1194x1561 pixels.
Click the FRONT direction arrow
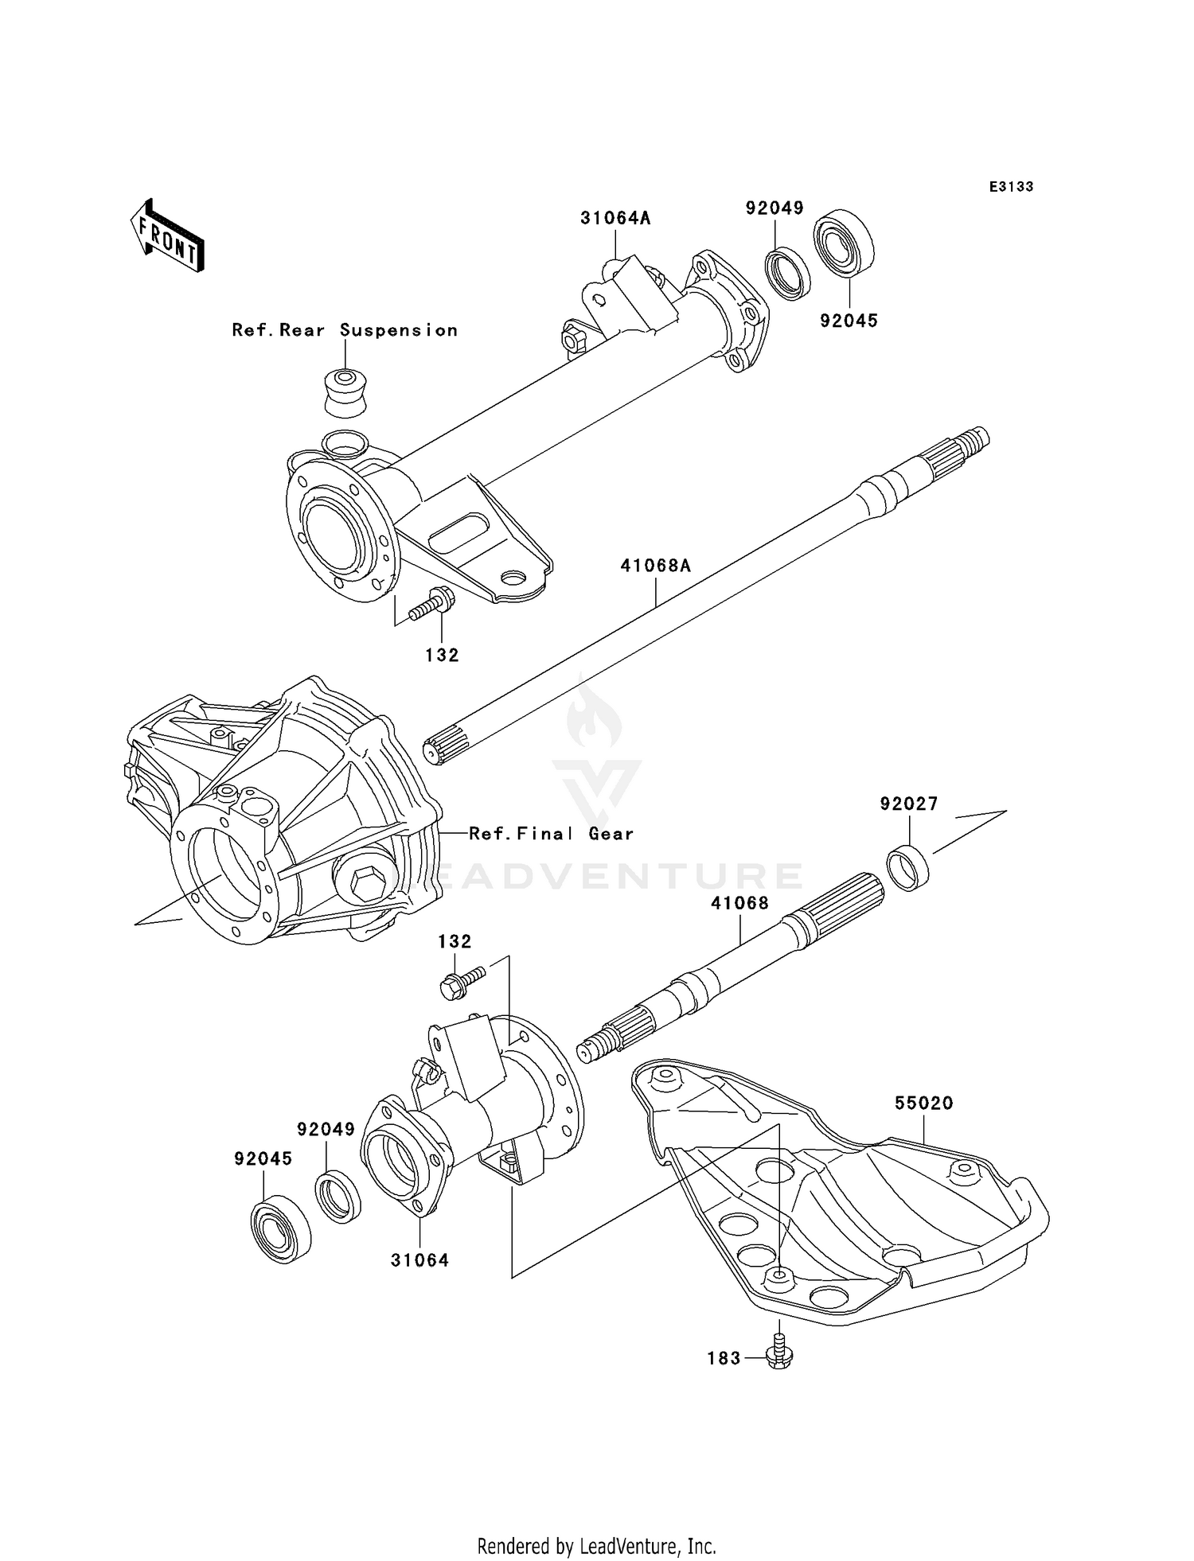pyautogui.click(x=168, y=236)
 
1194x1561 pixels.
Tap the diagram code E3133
pyautogui.click(x=1011, y=187)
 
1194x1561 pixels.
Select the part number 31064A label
pyautogui.click(x=615, y=218)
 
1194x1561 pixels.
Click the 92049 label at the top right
pyautogui.click(x=774, y=208)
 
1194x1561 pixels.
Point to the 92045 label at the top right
pyautogui.click(x=849, y=321)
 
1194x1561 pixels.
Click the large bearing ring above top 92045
pyautogui.click(x=843, y=243)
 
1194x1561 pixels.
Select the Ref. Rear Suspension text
pyautogui.click(x=345, y=330)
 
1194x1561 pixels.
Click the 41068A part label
pyautogui.click(x=655, y=566)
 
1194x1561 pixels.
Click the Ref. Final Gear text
pyautogui.click(x=551, y=834)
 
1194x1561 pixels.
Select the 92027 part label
pyautogui.click(x=908, y=804)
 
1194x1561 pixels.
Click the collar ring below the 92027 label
pyautogui.click(x=908, y=870)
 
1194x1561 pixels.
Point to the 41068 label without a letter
pyautogui.click(x=739, y=903)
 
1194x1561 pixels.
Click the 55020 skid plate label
pyautogui.click(x=923, y=1104)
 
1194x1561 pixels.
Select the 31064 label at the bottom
pyautogui.click(x=419, y=1260)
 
